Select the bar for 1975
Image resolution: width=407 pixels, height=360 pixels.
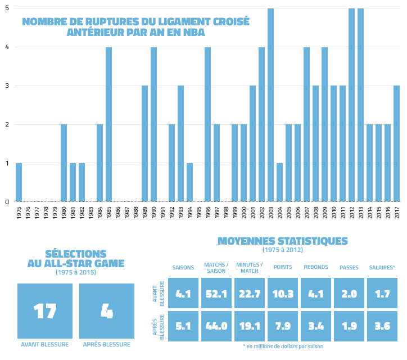coord(19,182)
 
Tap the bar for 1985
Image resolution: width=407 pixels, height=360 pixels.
coord(108,124)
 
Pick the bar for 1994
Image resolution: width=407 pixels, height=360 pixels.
coord(189,182)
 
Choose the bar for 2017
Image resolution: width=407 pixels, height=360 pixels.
coord(396,143)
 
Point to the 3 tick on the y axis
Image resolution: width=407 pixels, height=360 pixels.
coord(6,86)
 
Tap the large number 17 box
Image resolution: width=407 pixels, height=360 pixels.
coord(45,310)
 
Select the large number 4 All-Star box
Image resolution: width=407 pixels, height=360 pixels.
coord(107,310)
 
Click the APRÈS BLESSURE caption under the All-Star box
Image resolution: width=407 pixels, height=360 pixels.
coord(107,345)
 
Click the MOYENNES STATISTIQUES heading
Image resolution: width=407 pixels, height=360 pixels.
coord(283,241)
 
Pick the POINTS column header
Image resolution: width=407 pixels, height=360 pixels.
coord(283,267)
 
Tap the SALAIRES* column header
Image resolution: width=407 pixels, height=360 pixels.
coord(382,267)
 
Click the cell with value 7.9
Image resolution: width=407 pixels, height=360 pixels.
coord(283,326)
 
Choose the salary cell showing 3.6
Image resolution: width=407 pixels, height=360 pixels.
coord(382,326)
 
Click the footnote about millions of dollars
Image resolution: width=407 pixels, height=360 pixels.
coord(283,346)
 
